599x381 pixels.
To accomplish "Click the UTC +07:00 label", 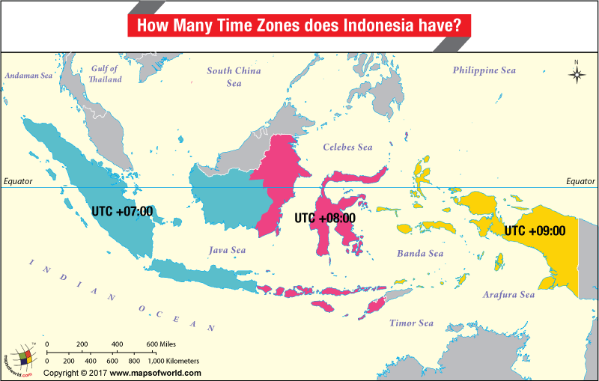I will point(122,211).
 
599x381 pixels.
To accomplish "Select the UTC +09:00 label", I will point(535,231).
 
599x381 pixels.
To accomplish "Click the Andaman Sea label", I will point(28,76).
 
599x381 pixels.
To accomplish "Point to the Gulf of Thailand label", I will point(105,74).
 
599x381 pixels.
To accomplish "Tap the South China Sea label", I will point(234,77).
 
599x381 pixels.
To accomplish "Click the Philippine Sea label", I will point(484,70).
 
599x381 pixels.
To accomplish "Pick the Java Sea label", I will point(228,251).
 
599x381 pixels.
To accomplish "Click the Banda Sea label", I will point(420,254).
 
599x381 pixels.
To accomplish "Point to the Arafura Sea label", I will point(509,295).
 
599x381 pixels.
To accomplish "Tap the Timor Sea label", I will point(411,323).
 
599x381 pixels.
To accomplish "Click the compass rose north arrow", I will point(577,73).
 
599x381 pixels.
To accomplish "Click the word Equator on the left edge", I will point(18,181).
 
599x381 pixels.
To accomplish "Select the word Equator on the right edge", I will point(580,181).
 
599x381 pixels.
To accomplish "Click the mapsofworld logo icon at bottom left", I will point(21,358).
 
